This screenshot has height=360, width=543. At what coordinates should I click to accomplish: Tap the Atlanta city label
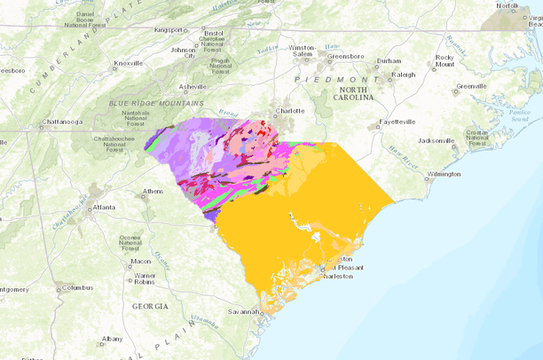[x=105, y=208]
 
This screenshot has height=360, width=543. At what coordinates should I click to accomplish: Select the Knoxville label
[x=129, y=64]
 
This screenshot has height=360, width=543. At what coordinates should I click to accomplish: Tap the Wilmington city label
[x=444, y=174]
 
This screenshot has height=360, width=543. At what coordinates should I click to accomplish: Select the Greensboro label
[x=346, y=57]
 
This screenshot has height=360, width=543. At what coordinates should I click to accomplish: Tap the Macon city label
[x=140, y=262]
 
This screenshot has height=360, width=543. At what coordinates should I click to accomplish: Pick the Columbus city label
[x=77, y=287]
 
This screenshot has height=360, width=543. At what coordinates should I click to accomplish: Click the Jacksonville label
[x=437, y=140]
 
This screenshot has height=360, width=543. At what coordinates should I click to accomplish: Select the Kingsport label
[x=169, y=30]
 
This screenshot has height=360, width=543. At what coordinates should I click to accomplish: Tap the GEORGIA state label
[x=150, y=306]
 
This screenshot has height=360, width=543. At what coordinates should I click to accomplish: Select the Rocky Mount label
[x=445, y=61]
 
